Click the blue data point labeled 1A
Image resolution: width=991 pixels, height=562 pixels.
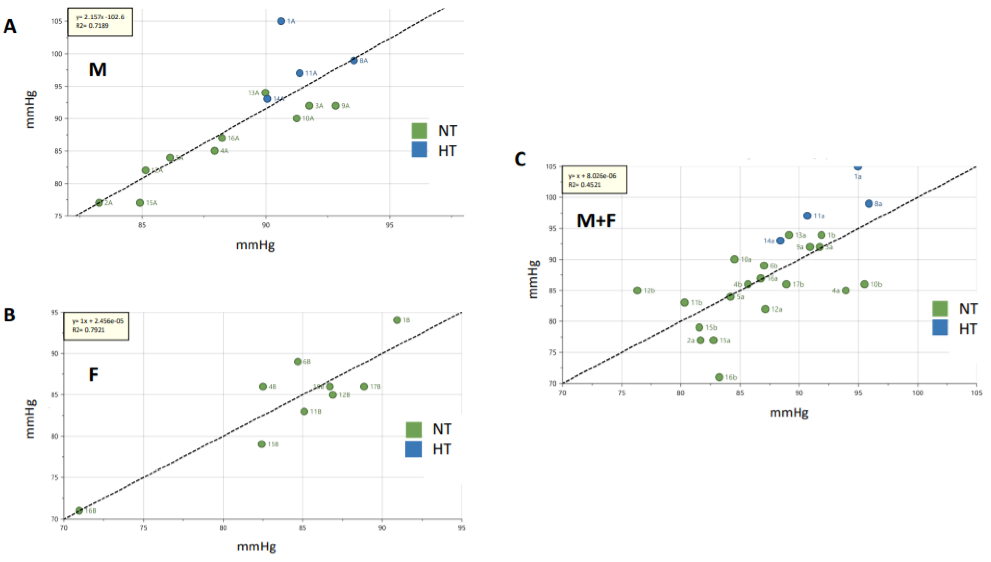click(281, 21)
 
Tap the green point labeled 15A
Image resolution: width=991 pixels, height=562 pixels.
click(140, 203)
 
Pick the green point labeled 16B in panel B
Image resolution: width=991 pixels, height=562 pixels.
click(79, 510)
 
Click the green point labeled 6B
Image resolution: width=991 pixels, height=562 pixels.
click(297, 361)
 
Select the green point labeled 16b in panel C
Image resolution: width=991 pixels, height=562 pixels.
click(719, 377)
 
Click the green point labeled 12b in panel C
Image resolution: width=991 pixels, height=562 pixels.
click(637, 290)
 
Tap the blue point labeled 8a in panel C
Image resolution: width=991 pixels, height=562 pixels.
click(869, 203)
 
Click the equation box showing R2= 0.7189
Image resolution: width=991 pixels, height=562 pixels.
click(100, 22)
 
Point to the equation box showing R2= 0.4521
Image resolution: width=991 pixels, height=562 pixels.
click(594, 180)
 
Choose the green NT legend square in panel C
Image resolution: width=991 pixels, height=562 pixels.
click(940, 308)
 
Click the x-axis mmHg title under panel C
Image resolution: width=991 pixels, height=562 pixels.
click(789, 413)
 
